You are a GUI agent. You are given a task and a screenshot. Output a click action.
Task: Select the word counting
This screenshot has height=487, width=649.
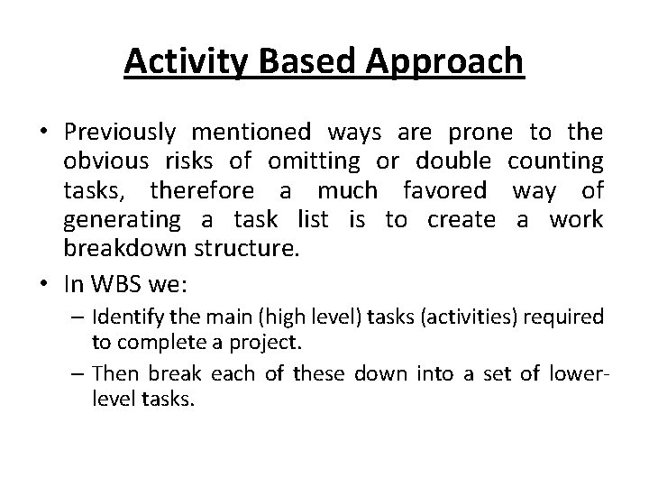pos(555,162)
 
